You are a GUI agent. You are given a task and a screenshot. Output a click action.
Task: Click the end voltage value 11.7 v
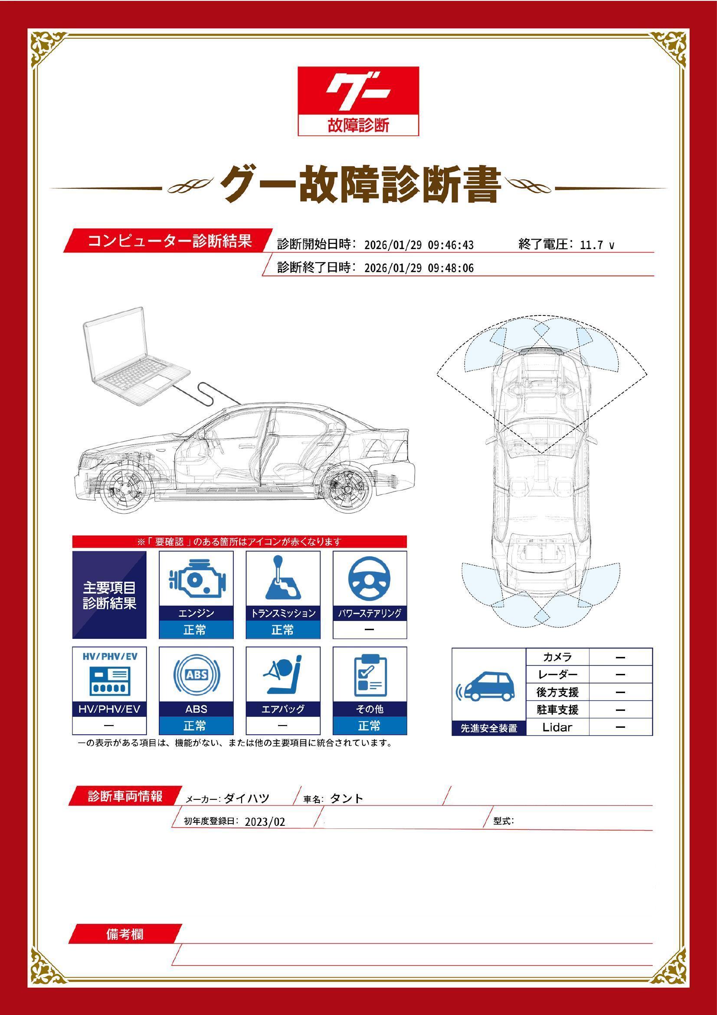point(597,245)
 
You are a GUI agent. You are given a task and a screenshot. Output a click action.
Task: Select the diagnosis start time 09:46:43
point(451,245)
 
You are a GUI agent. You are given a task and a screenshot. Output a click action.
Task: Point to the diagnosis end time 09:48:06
point(451,268)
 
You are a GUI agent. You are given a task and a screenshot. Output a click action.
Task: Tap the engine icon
point(196,579)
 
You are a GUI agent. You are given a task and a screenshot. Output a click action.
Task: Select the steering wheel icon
point(369,579)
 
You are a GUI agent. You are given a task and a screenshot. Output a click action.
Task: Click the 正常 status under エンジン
point(196,630)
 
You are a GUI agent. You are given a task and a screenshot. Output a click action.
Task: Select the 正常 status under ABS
point(196,726)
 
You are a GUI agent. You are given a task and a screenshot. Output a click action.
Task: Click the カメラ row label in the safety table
point(557,657)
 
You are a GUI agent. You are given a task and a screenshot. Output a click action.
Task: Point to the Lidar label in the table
point(557,727)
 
